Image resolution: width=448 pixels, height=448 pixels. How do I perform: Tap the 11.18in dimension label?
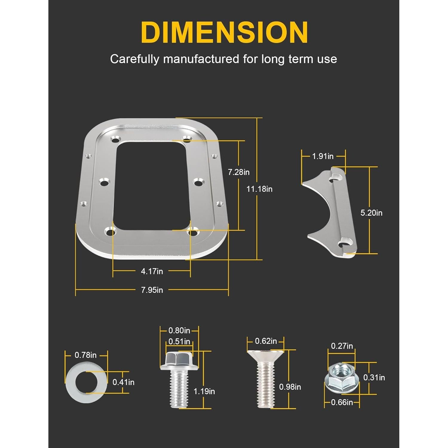(x=259, y=189)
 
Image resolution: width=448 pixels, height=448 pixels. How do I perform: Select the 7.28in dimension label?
(x=238, y=172)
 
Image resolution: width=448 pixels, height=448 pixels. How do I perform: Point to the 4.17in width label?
(x=152, y=271)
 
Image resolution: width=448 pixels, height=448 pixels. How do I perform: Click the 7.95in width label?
(x=152, y=290)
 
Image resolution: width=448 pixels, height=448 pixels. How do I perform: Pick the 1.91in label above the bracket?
(x=323, y=156)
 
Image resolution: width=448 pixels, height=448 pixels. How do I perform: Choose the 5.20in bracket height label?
(x=371, y=213)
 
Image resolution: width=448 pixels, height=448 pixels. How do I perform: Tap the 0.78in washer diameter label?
(x=85, y=355)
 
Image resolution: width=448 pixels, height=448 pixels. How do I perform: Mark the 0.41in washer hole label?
(x=123, y=382)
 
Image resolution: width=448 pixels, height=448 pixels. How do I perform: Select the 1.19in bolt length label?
(x=204, y=391)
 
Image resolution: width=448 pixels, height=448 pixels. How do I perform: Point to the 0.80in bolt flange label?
(x=179, y=331)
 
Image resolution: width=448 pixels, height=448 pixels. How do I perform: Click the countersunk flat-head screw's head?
(x=265, y=355)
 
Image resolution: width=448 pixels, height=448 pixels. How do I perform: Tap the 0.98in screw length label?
(x=290, y=387)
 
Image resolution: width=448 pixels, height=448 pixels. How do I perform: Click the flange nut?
(x=342, y=377)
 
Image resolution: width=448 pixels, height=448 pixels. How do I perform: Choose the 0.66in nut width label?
(x=342, y=403)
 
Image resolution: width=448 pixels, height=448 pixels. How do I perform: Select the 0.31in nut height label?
(x=374, y=378)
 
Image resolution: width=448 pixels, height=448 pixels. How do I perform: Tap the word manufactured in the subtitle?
(x=201, y=59)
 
